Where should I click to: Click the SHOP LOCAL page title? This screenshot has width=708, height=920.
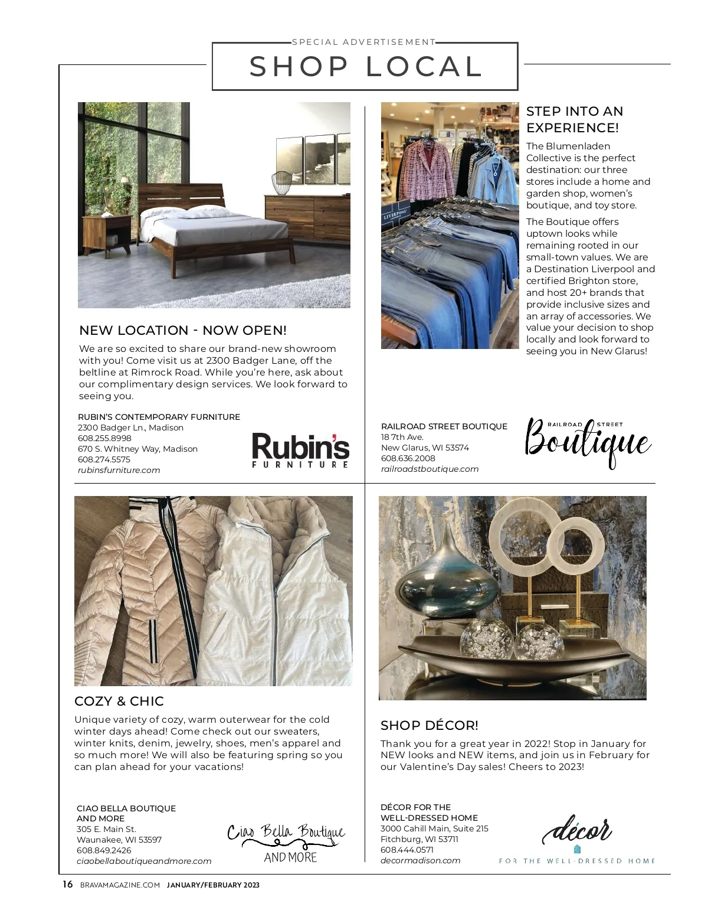(x=365, y=66)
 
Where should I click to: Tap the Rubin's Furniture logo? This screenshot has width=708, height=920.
(x=300, y=451)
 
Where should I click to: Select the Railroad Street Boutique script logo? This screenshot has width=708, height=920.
(x=588, y=443)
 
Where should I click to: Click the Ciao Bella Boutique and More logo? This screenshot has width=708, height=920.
(x=287, y=843)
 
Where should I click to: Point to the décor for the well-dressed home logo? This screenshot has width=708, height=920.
(x=577, y=840)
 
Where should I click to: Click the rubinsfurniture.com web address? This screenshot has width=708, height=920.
(x=119, y=471)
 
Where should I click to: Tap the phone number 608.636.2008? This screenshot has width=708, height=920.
(x=408, y=458)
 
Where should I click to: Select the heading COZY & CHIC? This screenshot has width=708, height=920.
(x=119, y=702)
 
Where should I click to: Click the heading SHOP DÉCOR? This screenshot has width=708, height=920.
(x=430, y=725)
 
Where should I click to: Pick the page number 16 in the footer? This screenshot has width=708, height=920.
(x=68, y=885)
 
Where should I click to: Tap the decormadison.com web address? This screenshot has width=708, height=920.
(x=420, y=860)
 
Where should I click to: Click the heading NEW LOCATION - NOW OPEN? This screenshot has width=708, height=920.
(x=183, y=331)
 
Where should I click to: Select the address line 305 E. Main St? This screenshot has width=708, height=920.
(x=106, y=829)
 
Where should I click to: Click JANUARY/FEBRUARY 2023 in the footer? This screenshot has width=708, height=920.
(x=213, y=885)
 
